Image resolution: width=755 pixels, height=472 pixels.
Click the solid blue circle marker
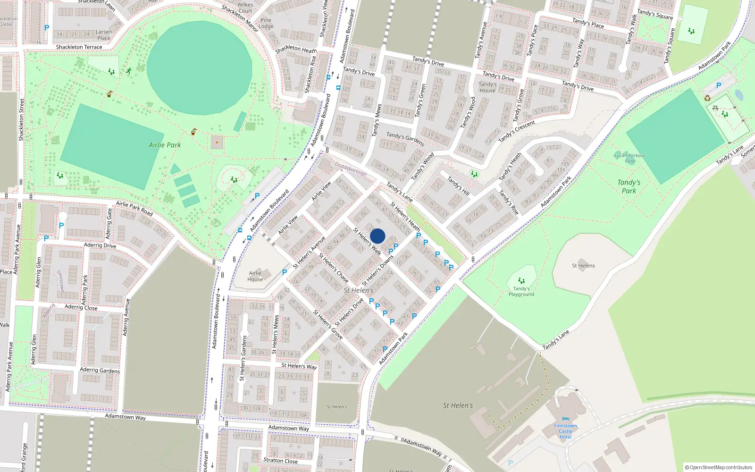click(377, 236)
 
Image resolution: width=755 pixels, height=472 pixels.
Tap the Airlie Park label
click(165, 145)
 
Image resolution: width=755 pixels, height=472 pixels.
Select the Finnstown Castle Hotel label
click(565, 431)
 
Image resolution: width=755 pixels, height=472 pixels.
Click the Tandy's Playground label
click(521, 291)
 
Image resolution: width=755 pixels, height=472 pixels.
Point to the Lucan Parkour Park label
click(629, 158)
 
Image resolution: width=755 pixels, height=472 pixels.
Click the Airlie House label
click(255, 276)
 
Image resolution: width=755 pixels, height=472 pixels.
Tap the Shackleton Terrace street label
click(79, 47)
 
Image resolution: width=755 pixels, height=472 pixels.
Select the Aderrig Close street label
click(81, 307)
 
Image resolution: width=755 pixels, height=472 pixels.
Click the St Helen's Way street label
click(299, 366)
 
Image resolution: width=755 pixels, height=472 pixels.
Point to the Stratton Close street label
click(280, 460)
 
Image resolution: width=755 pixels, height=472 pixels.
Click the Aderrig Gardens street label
click(100, 371)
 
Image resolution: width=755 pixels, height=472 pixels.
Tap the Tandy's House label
click(487, 87)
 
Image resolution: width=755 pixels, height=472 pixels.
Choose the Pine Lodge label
click(266, 23)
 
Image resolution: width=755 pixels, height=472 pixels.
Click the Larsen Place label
click(104, 35)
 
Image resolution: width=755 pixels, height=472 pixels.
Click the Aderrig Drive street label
click(100, 245)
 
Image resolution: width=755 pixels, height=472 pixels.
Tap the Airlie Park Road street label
click(134, 208)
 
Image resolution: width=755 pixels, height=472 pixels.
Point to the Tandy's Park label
click(629, 186)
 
